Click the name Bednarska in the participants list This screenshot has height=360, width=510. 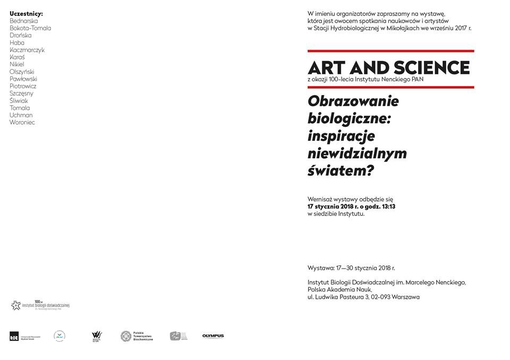pos(23,21)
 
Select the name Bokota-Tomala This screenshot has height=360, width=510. pos(30,28)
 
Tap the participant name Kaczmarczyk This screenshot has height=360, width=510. pos(27,50)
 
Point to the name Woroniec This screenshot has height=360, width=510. pos(22,123)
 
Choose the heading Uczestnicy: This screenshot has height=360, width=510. pos(26,13)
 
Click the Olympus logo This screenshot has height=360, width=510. pos(212,336)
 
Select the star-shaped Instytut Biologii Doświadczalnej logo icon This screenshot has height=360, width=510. pos(15,305)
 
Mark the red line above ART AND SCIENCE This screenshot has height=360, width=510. pos(390,51)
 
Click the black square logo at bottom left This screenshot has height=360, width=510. pos(14,336)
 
